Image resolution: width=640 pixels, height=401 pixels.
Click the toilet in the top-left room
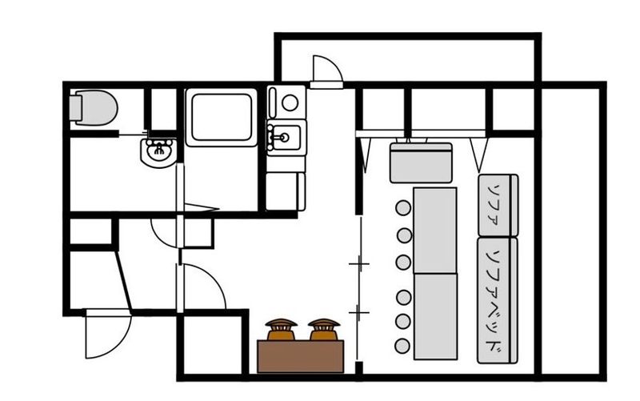[94, 108]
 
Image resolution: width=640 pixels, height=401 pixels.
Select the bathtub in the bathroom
[222, 117]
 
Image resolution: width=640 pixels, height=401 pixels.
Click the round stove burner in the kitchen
[290, 103]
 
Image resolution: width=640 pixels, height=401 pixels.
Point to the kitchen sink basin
[285, 137]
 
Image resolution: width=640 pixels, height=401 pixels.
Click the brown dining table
[301, 356]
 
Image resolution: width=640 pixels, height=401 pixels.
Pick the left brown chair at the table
[282, 329]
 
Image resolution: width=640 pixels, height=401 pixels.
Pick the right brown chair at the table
[324, 329]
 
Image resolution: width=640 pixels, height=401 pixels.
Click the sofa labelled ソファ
[498, 205]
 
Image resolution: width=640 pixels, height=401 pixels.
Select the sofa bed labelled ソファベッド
[498, 300]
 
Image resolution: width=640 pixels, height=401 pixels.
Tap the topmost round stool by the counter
[403, 208]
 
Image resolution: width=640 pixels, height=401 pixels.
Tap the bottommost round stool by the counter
[402, 347]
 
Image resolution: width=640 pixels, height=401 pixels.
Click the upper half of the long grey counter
[434, 231]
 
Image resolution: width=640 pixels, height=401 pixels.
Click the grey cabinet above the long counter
[421, 162]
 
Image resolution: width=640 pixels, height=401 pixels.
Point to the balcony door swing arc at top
[328, 69]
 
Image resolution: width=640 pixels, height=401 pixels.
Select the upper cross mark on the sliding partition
[359, 264]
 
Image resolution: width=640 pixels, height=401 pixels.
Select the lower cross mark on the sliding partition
[358, 313]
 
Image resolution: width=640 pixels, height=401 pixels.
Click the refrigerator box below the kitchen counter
[286, 191]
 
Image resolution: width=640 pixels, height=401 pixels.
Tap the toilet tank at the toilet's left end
[75, 108]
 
